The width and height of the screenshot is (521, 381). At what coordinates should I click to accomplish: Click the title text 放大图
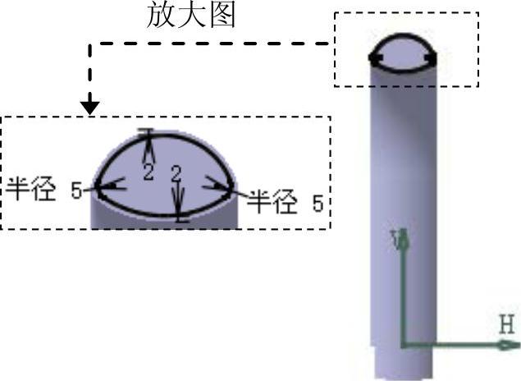(x=190, y=16)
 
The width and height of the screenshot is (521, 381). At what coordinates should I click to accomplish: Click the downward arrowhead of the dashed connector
(x=90, y=107)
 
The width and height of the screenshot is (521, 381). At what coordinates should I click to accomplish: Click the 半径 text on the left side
(x=33, y=190)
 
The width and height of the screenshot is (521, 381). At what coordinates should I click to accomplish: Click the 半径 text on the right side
(x=272, y=201)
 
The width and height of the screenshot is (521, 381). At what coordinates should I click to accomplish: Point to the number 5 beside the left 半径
(x=76, y=191)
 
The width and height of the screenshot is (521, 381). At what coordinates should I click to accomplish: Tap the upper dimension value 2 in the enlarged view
(x=149, y=171)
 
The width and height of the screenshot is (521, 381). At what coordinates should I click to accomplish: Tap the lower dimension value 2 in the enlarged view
(x=175, y=173)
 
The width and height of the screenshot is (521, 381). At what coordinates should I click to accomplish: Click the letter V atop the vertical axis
(x=401, y=238)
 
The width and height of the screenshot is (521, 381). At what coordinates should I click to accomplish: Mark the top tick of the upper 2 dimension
(x=147, y=131)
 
